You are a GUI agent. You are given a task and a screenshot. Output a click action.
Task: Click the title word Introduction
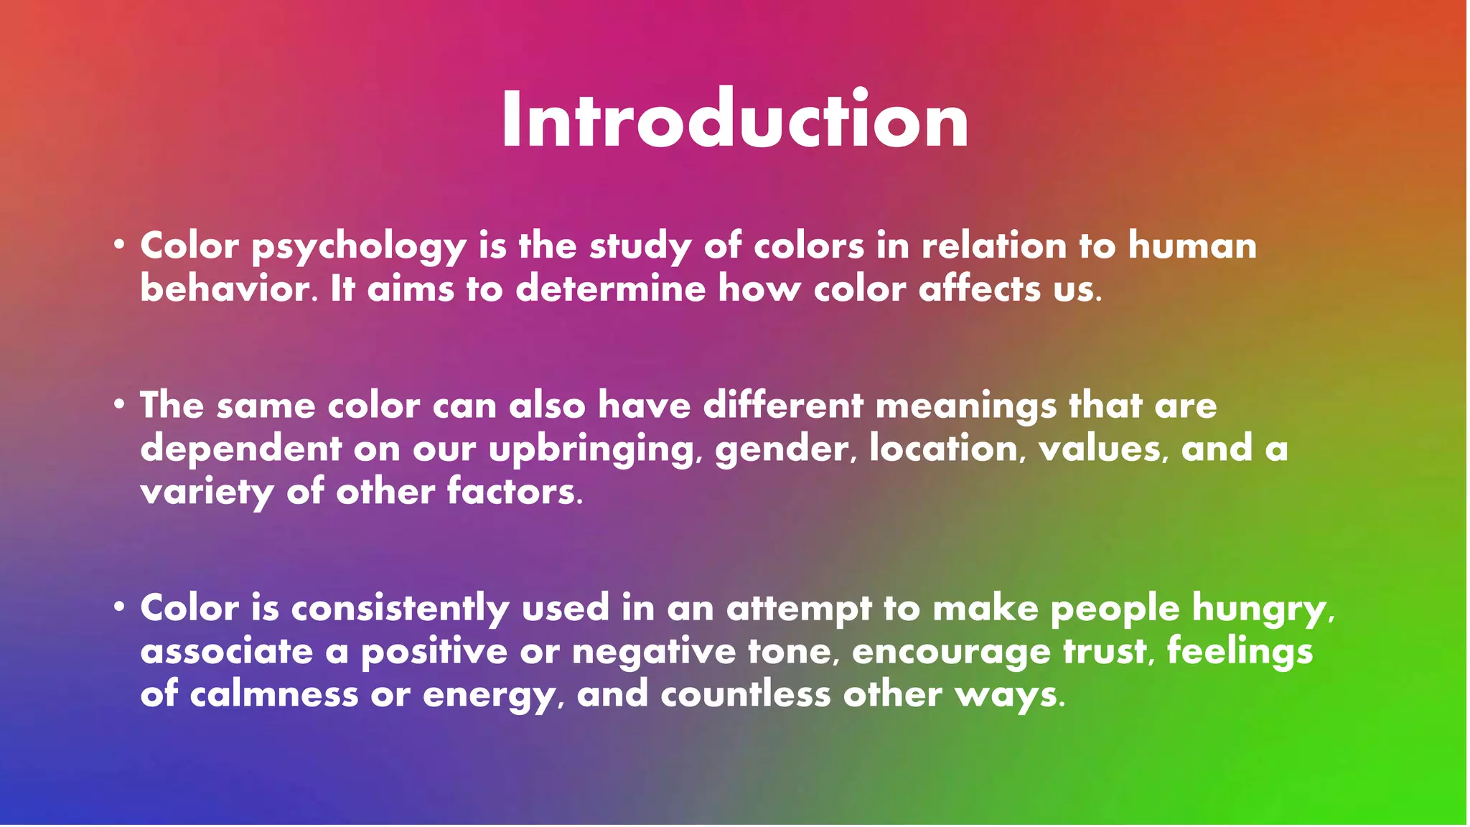[x=735, y=119]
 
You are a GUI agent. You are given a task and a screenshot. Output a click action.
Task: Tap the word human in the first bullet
[x=1192, y=246]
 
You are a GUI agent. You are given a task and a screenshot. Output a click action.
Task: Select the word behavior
[x=227, y=289]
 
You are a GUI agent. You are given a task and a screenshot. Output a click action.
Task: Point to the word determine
[x=611, y=289]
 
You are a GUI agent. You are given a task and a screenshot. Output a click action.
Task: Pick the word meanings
[x=966, y=407]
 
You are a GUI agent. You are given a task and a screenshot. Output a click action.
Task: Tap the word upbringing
[x=591, y=450]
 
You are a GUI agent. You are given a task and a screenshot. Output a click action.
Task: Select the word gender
[x=785, y=450]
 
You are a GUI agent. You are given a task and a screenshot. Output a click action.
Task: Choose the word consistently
[x=400, y=609]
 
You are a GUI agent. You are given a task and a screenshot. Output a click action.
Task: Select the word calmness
[x=273, y=694]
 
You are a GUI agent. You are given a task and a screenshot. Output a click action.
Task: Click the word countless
[x=745, y=694]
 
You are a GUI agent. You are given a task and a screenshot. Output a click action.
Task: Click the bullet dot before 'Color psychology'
[x=119, y=245]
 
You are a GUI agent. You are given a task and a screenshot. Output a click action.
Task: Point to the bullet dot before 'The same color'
[x=119, y=405]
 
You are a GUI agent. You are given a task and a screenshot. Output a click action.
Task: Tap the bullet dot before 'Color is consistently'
[x=119, y=607]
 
